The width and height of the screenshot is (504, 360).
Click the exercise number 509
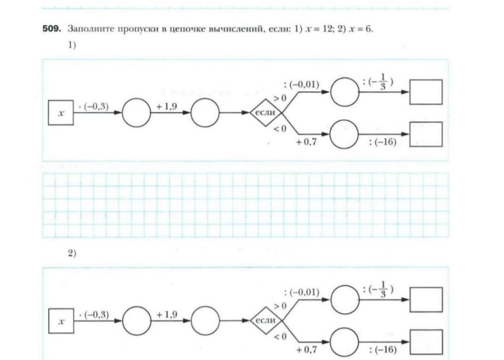(51, 28)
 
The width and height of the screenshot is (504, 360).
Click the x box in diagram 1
(61, 113)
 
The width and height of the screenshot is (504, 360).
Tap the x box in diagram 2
(61, 322)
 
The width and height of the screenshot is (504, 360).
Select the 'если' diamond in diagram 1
(265, 113)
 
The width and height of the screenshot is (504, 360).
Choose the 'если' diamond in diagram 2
(265, 321)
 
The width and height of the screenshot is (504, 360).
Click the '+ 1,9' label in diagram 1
(167, 106)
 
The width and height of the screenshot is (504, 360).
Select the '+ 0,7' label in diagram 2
(306, 350)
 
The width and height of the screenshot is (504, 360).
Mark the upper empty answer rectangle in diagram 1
(426, 92)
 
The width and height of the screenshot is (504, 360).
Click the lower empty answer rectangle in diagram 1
(426, 134)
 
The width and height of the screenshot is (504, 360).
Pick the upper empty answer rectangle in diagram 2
(426, 299)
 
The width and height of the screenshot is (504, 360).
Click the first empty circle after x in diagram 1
(136, 113)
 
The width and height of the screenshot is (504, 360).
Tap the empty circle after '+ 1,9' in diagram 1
(204, 113)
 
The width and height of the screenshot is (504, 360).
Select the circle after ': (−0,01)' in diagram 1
(345, 92)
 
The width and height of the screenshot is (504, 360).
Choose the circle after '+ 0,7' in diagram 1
(344, 134)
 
